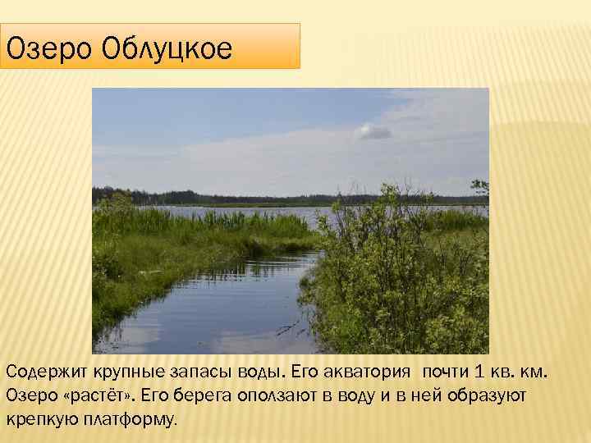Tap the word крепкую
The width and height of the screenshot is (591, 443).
tap(41, 419)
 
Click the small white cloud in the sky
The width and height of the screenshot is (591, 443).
tap(373, 130)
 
